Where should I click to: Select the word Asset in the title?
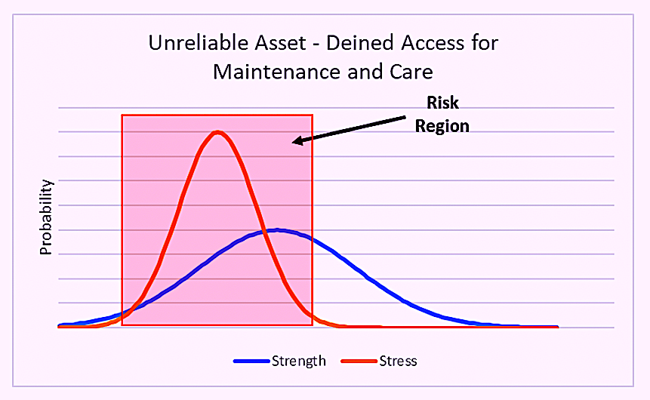point(280,43)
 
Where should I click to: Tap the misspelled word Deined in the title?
point(360,43)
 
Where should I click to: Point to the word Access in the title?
point(433,43)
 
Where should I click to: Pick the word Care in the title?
point(411,72)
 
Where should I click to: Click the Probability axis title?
point(45,217)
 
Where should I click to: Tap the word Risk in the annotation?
point(442,103)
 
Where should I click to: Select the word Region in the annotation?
point(442,126)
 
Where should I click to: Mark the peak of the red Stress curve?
point(217,132)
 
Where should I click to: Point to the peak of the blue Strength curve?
point(276,230)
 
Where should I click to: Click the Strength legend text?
point(298,361)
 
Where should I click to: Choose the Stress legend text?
point(398,361)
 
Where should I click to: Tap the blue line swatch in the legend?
point(251,361)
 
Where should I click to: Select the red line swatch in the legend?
point(359,361)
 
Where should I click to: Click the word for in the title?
point(485,43)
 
